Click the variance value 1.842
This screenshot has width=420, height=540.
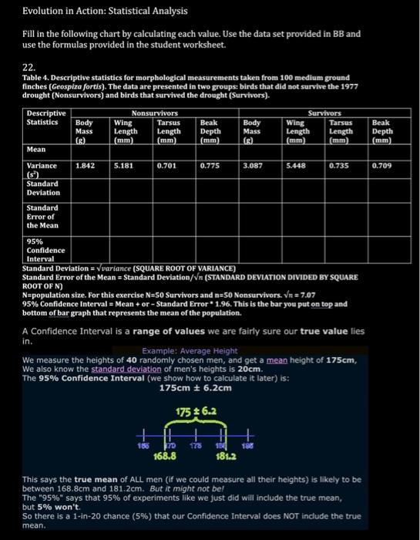coord(85,165)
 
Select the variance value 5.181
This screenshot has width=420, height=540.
coord(124,165)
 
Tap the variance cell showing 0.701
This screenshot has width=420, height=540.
coord(166,165)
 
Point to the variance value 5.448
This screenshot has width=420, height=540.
coord(296,165)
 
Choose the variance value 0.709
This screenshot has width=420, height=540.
coord(381,165)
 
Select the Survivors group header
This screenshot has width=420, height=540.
coord(324,113)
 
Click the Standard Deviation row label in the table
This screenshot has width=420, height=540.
coord(42,188)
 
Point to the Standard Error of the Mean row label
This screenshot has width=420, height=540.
coord(42,217)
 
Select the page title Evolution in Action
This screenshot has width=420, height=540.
coord(94,12)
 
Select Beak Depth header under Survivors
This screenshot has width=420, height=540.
coord(381,131)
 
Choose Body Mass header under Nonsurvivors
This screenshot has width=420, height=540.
coord(84,131)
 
